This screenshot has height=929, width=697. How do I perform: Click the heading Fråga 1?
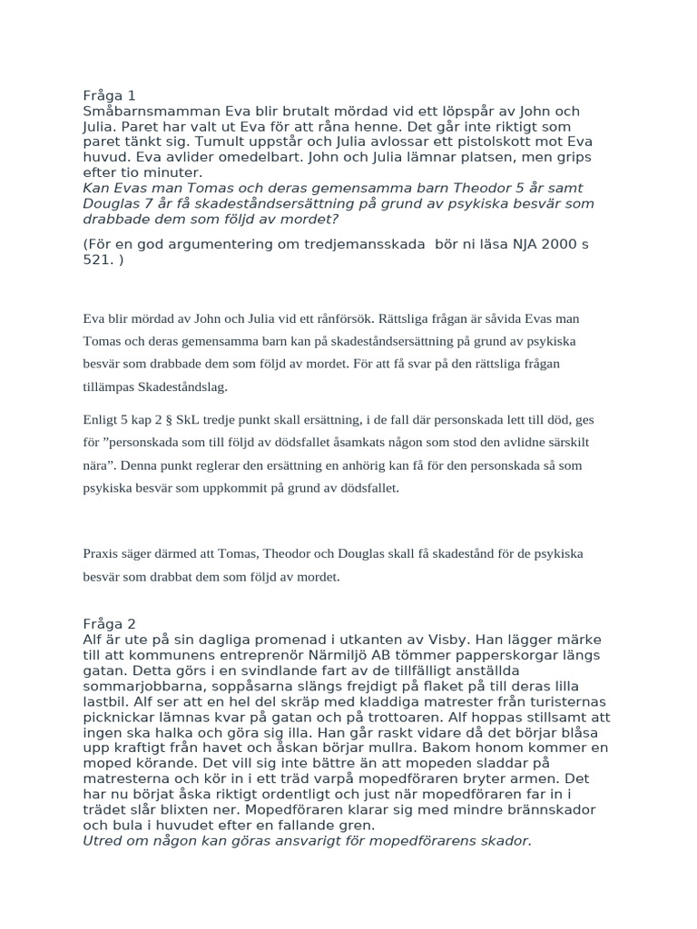(109, 95)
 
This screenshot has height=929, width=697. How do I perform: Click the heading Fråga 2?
(109, 623)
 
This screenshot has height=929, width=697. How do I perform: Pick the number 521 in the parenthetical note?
(98, 260)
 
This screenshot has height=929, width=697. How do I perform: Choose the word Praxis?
(101, 553)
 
